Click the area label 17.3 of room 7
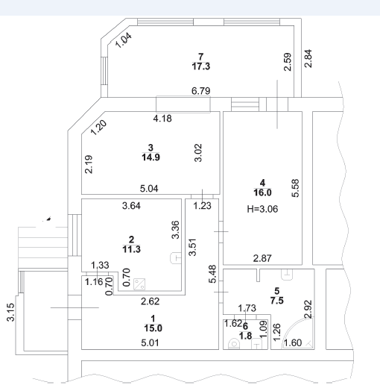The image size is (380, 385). (x=201, y=66)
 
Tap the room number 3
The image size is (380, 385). (x=151, y=148)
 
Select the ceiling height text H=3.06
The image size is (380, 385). (x=262, y=209)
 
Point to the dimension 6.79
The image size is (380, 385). (x=201, y=91)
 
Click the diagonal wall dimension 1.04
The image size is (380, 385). (x=124, y=40)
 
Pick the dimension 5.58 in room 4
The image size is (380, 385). (x=295, y=188)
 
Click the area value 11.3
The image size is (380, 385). (x=131, y=249)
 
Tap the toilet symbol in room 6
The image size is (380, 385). (x=234, y=343)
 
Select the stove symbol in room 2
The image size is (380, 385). (x=139, y=284)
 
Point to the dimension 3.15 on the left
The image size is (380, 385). (x=10, y=313)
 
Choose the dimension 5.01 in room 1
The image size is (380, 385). (x=150, y=342)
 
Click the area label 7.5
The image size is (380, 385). (x=277, y=301)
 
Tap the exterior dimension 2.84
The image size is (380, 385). (x=308, y=59)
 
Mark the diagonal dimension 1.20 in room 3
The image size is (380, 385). (x=98, y=128)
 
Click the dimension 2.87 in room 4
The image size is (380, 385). (x=262, y=258)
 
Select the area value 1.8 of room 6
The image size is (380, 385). (x=245, y=336)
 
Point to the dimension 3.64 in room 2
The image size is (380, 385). (x=131, y=206)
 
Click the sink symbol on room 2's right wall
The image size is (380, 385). (x=176, y=258)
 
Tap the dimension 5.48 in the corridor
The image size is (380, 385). (x=213, y=274)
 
